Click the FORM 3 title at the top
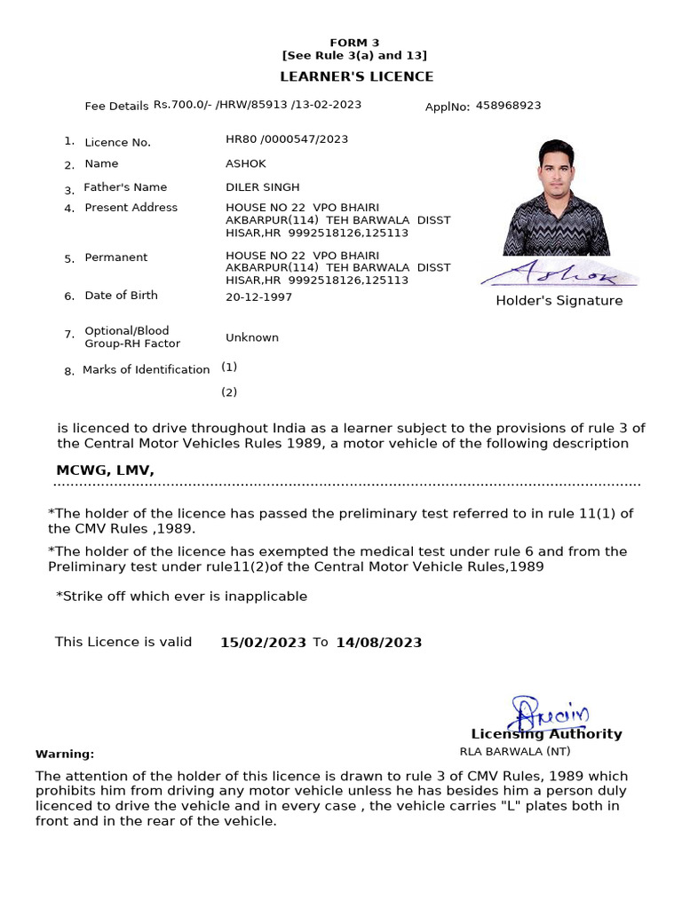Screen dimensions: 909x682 [x=354, y=43]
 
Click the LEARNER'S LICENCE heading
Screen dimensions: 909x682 [x=357, y=77]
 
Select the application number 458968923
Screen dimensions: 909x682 [x=508, y=106]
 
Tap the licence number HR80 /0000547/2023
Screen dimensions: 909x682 [x=287, y=139]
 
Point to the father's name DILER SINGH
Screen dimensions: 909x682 [x=263, y=187]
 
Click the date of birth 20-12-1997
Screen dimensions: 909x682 [x=258, y=297]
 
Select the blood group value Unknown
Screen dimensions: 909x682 [x=252, y=337]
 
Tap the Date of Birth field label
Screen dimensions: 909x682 [x=121, y=296]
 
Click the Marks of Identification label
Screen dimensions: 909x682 [x=146, y=370]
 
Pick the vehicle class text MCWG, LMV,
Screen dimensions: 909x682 [x=106, y=470]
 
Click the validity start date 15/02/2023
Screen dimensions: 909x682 [x=263, y=643]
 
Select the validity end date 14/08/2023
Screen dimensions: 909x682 [x=378, y=643]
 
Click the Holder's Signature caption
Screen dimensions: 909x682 [x=559, y=301]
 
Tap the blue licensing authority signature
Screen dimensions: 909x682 [x=548, y=713]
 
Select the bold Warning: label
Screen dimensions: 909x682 [x=65, y=755]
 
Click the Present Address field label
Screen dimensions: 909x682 [x=131, y=208]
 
